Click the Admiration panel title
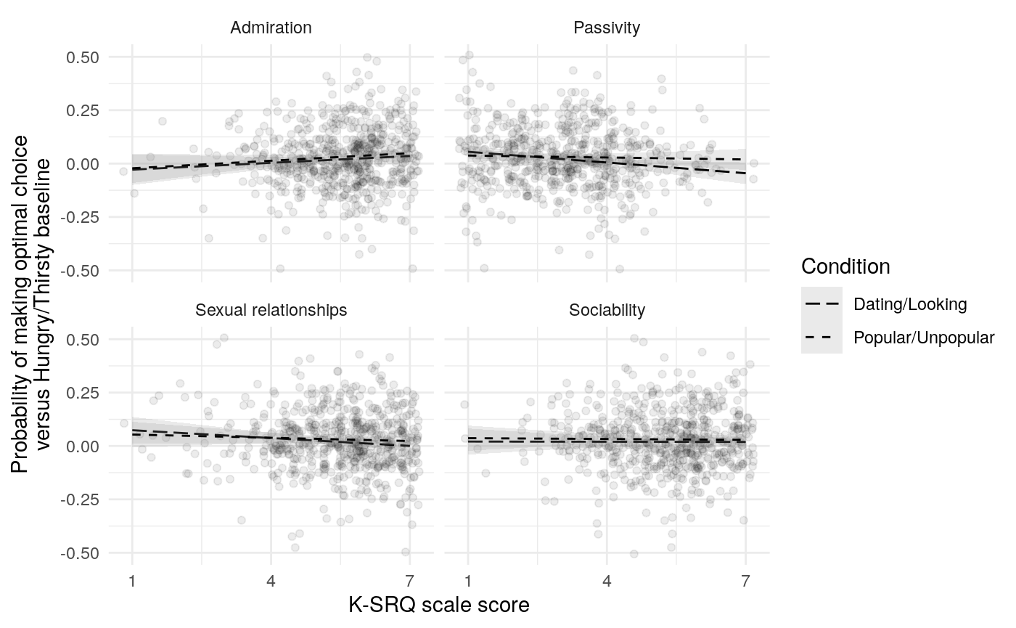click(x=271, y=28)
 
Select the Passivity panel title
click(x=607, y=28)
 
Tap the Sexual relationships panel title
click(x=271, y=311)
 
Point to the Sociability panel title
click(x=607, y=311)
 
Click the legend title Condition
click(x=845, y=267)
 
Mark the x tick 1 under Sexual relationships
click(x=132, y=581)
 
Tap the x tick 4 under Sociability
click(x=607, y=581)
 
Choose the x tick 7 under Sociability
click(x=745, y=581)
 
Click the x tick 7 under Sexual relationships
click(x=409, y=581)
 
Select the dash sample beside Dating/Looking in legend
click(x=822, y=304)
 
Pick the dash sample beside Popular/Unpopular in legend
click(x=822, y=338)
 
